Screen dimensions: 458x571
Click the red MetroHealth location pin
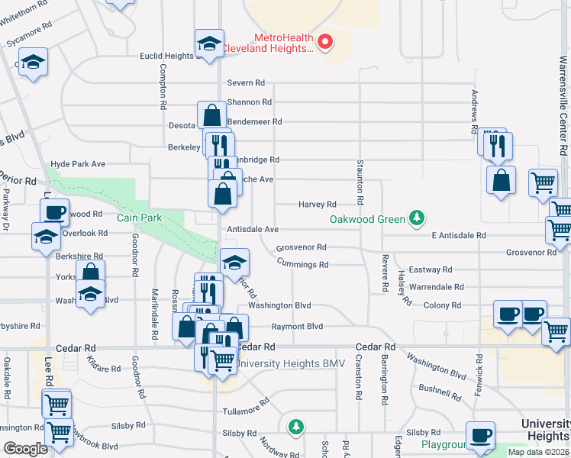coord(326,41)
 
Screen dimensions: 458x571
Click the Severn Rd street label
coord(245,82)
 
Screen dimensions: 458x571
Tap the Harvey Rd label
coord(317,204)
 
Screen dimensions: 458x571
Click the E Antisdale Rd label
coord(458,236)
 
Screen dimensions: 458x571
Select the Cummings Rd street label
coord(302,265)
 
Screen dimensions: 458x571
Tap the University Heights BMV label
coord(291,363)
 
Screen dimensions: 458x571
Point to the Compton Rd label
coord(163,85)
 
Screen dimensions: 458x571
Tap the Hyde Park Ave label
coord(77,164)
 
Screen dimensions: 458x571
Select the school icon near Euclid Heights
coord(208,44)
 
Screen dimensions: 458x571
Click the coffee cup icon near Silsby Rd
coord(480,435)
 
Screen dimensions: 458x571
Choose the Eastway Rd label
coord(431,269)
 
